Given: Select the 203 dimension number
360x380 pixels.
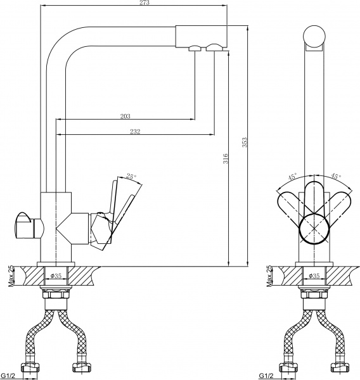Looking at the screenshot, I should click(x=125, y=116).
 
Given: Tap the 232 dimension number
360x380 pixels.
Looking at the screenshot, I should click(x=134, y=132).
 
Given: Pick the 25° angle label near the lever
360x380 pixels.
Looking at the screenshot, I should click(x=131, y=177).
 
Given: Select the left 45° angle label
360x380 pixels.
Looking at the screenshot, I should click(x=292, y=177).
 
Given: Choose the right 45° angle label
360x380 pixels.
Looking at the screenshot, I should click(x=335, y=177).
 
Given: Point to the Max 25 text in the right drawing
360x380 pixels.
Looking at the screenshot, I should click(x=269, y=275).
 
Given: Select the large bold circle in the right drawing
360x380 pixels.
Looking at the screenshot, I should click(x=315, y=227).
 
